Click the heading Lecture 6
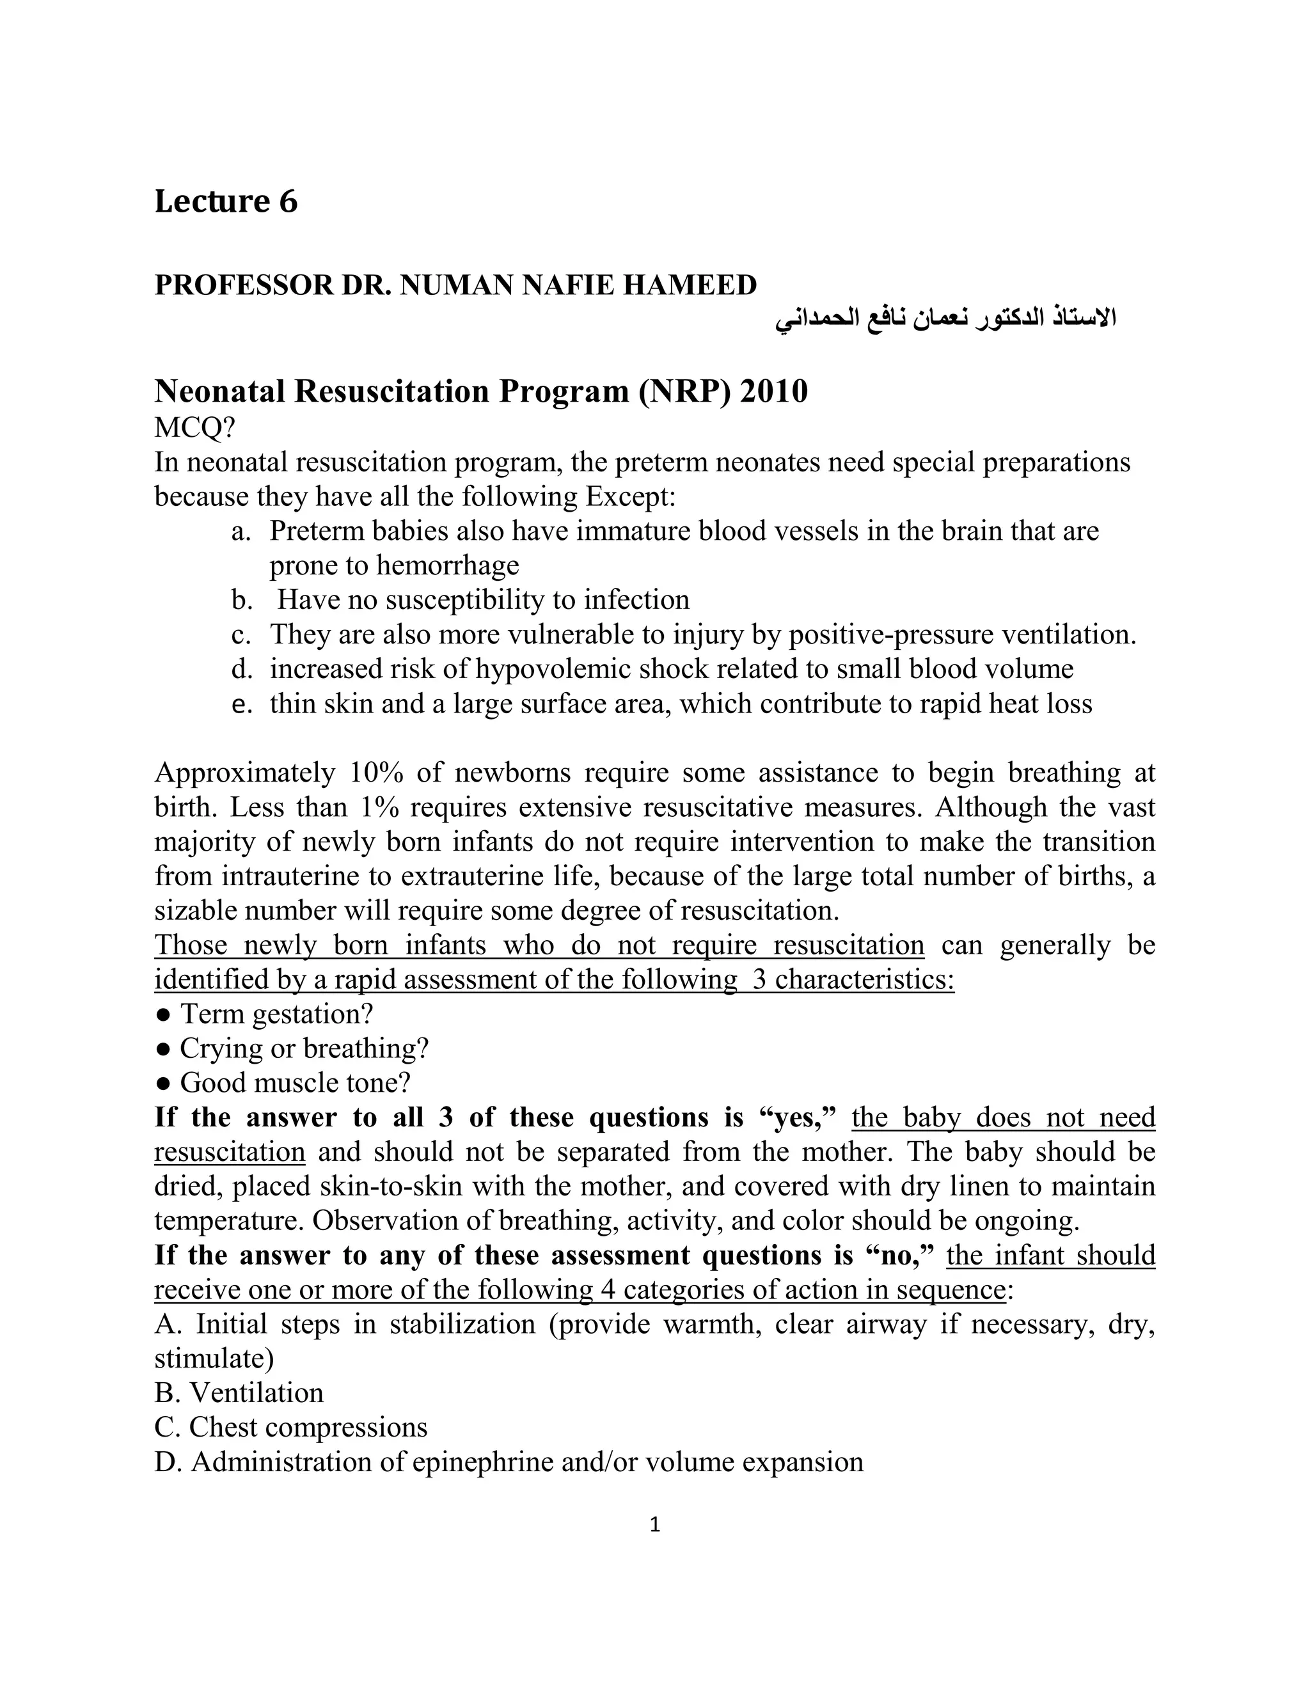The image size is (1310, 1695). (x=226, y=201)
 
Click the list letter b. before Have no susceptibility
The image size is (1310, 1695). (x=241, y=600)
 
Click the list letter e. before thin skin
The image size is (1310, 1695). (x=241, y=704)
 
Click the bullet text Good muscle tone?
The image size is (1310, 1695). (x=295, y=1083)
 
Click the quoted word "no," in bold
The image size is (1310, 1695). (x=899, y=1255)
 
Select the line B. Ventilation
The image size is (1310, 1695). (x=239, y=1393)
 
